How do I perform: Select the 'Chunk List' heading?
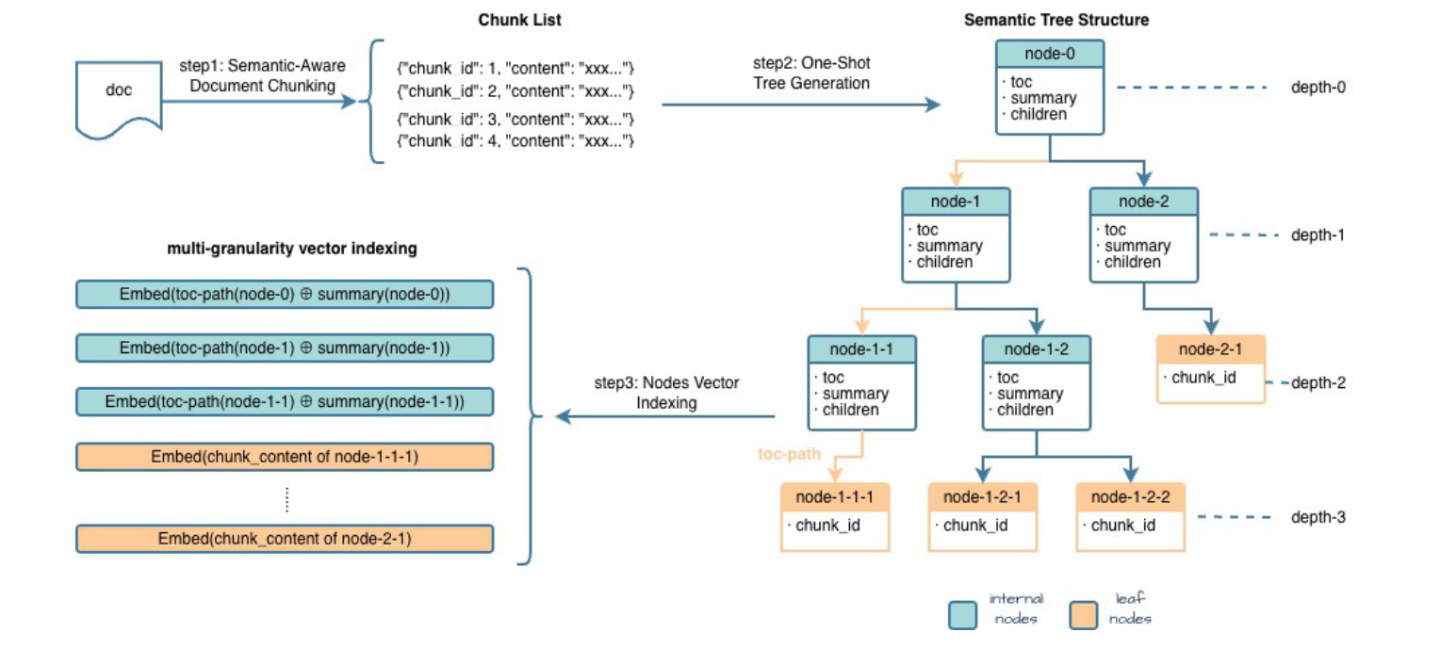(519, 20)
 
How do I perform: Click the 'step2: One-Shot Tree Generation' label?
(811, 73)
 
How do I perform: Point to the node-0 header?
(1050, 54)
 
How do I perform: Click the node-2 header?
(1143, 202)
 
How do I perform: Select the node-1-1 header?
(861, 350)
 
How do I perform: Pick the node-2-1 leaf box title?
(1210, 350)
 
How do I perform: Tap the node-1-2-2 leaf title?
(1130, 497)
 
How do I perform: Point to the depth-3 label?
(1317, 518)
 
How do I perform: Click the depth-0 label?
(1317, 88)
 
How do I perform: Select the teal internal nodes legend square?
(962, 615)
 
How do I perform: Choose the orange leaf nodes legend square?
(1084, 615)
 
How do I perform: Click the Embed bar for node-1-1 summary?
(285, 402)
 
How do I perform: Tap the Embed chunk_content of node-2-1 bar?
(285, 539)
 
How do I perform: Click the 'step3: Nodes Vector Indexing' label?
(666, 393)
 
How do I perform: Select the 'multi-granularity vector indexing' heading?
(292, 250)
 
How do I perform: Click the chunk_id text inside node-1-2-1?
(975, 526)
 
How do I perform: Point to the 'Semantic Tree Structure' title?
(1056, 20)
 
